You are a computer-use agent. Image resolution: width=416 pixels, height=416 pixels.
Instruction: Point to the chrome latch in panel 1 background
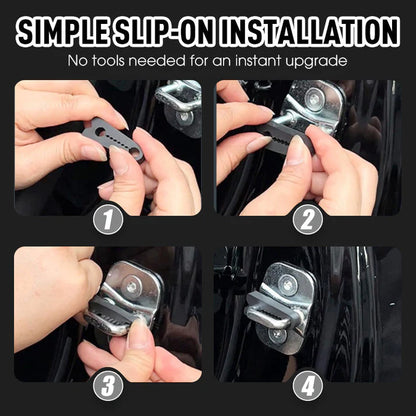[180, 100]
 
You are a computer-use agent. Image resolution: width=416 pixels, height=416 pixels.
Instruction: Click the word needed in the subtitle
[171, 62]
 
